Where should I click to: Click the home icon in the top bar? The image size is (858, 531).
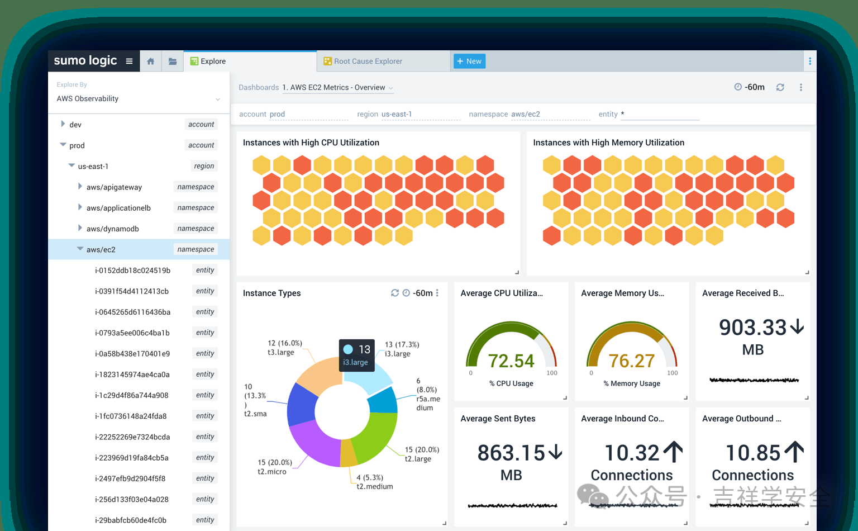(x=150, y=61)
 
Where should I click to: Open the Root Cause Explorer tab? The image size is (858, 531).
(x=368, y=61)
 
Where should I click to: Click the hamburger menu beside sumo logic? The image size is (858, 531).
(x=129, y=61)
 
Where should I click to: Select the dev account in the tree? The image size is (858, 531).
(x=75, y=125)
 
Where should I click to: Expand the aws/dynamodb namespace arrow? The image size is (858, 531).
(x=80, y=228)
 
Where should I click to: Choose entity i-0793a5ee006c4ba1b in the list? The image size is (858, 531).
(x=132, y=333)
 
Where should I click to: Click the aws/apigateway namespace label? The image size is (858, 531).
(x=114, y=187)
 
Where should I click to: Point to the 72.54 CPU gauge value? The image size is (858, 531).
(x=511, y=361)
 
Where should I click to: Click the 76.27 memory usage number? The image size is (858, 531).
(x=631, y=361)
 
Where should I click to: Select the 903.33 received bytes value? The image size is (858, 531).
(x=752, y=328)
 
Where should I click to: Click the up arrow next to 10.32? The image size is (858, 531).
(x=673, y=452)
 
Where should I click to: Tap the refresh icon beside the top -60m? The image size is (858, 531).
(x=780, y=87)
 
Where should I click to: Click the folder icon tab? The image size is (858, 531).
(x=173, y=61)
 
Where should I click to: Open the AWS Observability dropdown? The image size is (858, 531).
(x=138, y=99)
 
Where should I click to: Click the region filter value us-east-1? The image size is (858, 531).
(x=397, y=114)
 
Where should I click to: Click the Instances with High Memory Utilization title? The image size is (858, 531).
(x=608, y=143)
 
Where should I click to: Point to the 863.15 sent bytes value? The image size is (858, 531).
(x=511, y=453)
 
